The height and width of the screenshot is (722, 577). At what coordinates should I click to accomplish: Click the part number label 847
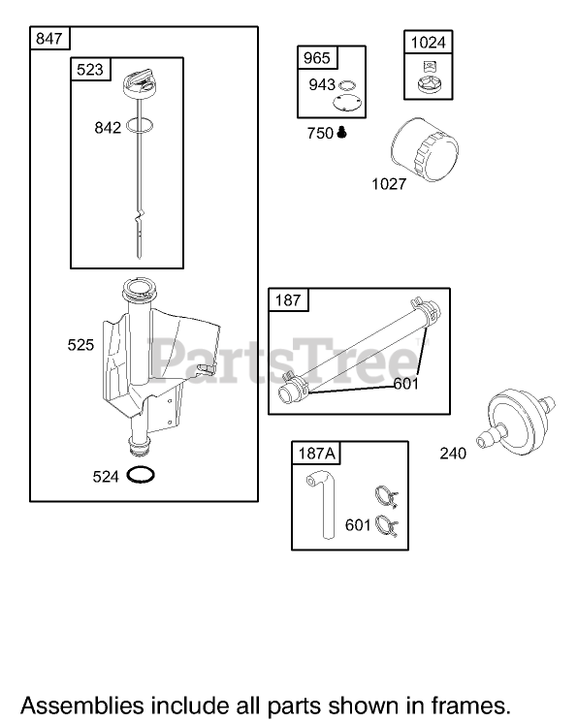pyautogui.click(x=48, y=38)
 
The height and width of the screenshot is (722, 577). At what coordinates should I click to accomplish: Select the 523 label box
pyautogui.click(x=90, y=69)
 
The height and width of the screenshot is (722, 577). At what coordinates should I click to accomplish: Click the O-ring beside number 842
pyautogui.click(x=140, y=125)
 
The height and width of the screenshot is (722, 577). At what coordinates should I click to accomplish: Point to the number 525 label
pyautogui.click(x=80, y=345)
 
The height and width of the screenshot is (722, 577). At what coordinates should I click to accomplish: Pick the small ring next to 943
pyautogui.click(x=347, y=85)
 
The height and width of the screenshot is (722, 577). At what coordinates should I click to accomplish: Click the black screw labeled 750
pyautogui.click(x=341, y=133)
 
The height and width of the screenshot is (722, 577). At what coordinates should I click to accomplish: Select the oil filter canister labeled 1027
pyautogui.click(x=425, y=149)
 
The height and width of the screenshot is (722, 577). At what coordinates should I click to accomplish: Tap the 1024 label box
pyautogui.click(x=428, y=43)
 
